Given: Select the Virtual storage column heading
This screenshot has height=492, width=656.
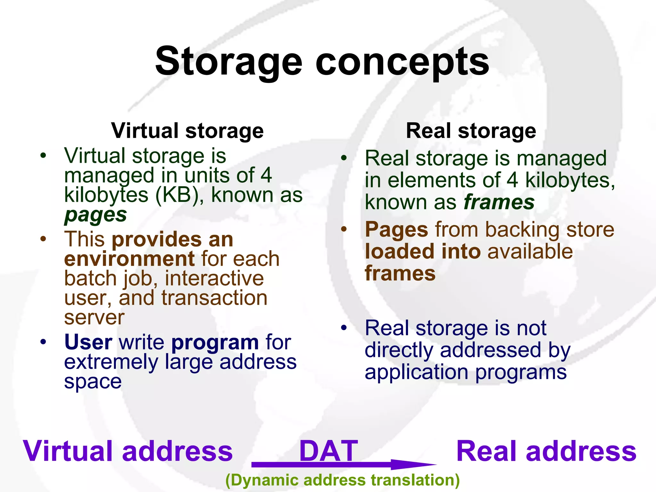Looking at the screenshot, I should [187, 131].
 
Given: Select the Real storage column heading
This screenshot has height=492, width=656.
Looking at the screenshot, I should [471, 131].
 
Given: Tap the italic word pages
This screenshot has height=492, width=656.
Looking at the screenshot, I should [95, 215].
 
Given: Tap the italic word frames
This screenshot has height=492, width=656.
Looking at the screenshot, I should [499, 202].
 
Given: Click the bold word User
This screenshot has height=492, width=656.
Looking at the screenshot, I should [88, 342].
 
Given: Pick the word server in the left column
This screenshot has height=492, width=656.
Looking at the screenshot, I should [94, 317].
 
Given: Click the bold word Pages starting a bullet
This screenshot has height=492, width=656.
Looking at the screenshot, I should [397, 230].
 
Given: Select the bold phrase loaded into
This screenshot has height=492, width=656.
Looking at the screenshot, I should [422, 251].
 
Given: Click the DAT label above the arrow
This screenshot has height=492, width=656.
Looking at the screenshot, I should [328, 451].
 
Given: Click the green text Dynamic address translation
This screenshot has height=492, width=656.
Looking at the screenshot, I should [342, 480].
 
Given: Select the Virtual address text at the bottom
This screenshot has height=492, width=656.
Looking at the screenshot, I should [128, 451].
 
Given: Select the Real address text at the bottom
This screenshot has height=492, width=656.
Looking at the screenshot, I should [546, 451].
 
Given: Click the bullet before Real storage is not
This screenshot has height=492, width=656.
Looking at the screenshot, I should [344, 328].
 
